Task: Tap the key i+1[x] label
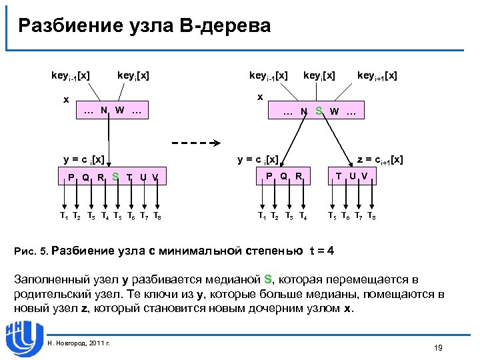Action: [377, 76]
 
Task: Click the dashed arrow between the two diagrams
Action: [197, 143]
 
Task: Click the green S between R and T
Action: [115, 177]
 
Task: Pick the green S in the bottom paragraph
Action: [268, 279]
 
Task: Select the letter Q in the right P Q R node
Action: [283, 176]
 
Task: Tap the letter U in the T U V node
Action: [352, 176]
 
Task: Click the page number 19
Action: [438, 347]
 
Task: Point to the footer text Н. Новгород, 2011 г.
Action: [80, 343]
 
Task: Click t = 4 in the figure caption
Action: [322, 251]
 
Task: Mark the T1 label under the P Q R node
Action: [263, 216]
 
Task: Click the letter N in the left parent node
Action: [104, 110]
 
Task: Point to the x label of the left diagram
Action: [65, 100]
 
